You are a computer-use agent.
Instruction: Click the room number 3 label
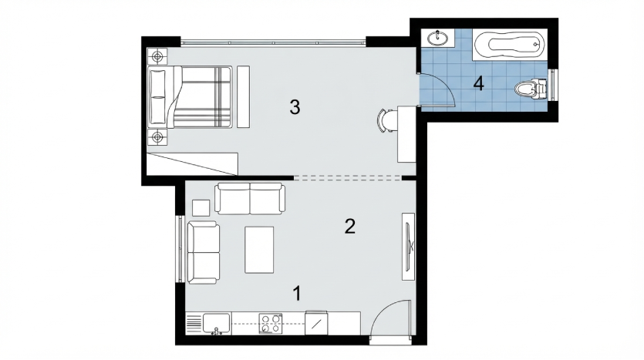point(295,107)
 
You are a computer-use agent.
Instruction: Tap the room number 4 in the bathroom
point(478,84)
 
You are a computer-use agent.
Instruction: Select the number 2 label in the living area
point(349,226)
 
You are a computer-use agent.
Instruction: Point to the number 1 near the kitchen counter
point(297,294)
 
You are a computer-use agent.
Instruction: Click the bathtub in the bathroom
point(509,44)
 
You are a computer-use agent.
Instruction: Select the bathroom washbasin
point(438,39)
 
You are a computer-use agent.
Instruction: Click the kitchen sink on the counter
point(216,323)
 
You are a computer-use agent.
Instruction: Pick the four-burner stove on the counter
point(270,323)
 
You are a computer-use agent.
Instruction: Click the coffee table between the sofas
point(259,250)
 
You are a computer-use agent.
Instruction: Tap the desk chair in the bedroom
point(384,121)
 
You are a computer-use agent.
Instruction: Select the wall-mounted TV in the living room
point(408,246)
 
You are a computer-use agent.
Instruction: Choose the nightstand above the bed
point(157,56)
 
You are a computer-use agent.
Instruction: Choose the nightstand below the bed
point(157,137)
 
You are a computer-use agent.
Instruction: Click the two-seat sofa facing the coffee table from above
point(250,199)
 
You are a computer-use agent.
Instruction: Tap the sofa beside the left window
point(204,252)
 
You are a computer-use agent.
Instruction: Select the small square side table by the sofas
point(201,207)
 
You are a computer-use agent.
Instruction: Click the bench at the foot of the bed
point(244,96)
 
